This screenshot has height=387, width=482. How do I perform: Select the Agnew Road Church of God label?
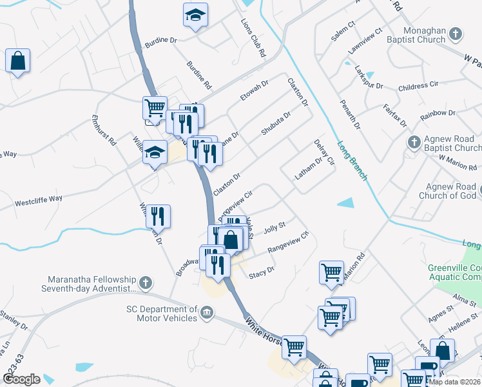pyautogui.click(x=447, y=191)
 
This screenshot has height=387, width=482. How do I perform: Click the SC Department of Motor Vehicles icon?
pyautogui.click(x=206, y=314)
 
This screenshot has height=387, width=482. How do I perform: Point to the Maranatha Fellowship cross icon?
pyautogui.click(x=146, y=283)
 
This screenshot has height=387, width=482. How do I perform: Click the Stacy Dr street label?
pyautogui.click(x=262, y=272)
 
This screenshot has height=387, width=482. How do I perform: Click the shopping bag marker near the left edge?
pyautogui.click(x=18, y=61)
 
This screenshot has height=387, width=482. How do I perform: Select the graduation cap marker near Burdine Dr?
pyautogui.click(x=194, y=15)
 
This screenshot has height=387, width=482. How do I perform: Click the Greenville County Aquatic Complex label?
pyautogui.click(x=454, y=272)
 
